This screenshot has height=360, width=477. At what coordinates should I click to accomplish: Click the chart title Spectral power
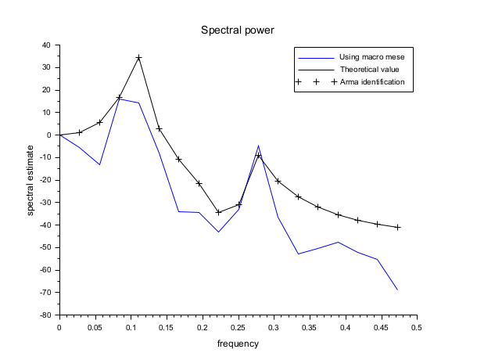(x=238, y=31)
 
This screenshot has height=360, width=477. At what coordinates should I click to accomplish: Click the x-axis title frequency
(x=238, y=344)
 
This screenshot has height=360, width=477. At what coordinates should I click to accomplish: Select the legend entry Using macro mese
(x=371, y=57)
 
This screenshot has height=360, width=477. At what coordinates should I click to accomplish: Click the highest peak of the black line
(x=138, y=58)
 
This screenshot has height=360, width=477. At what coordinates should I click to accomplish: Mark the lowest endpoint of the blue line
(x=397, y=290)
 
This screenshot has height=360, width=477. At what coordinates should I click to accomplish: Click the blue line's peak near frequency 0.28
(x=258, y=146)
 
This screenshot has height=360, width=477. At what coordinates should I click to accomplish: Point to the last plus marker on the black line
(x=397, y=227)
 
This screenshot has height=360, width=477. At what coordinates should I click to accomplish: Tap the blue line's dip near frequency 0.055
(x=99, y=164)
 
